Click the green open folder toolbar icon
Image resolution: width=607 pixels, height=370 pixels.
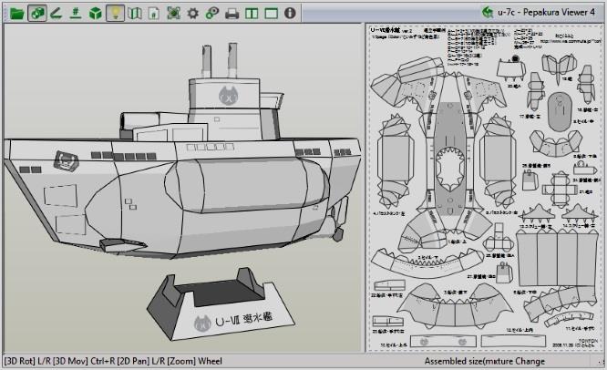pyautogui.click(x=16, y=13)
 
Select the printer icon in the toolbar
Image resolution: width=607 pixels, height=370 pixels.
pyautogui.click(x=231, y=13)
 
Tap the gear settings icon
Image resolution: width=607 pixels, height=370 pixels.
pyautogui.click(x=191, y=13)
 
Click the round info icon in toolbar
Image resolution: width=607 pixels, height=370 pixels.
pyautogui.click(x=290, y=13)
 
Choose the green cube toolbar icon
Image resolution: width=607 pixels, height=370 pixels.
pyautogui.click(x=96, y=13)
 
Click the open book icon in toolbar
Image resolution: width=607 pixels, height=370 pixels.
pyautogui.click(x=135, y=13)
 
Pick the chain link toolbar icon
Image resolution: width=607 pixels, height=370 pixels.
pyautogui.click(x=211, y=13)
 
